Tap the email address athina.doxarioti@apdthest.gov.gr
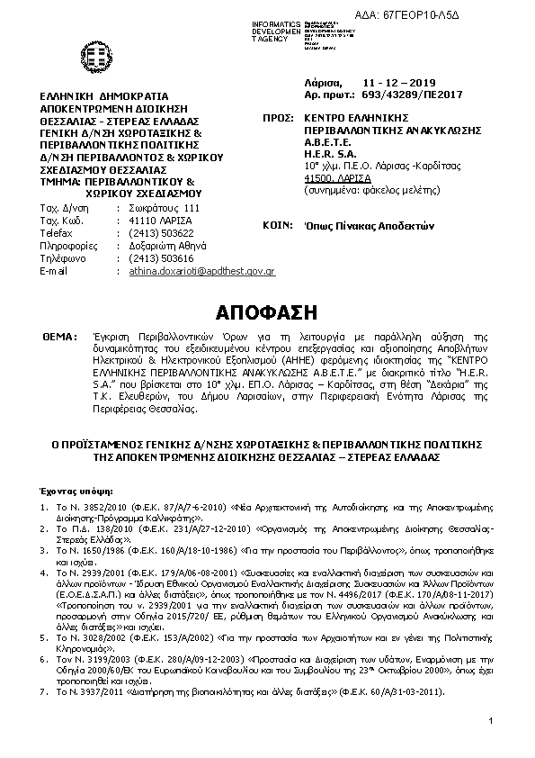point(201,270)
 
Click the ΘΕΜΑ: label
point(58,335)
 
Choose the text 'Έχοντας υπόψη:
point(72,492)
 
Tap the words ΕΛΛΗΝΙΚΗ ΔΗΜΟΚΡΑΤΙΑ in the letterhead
point(98,94)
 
